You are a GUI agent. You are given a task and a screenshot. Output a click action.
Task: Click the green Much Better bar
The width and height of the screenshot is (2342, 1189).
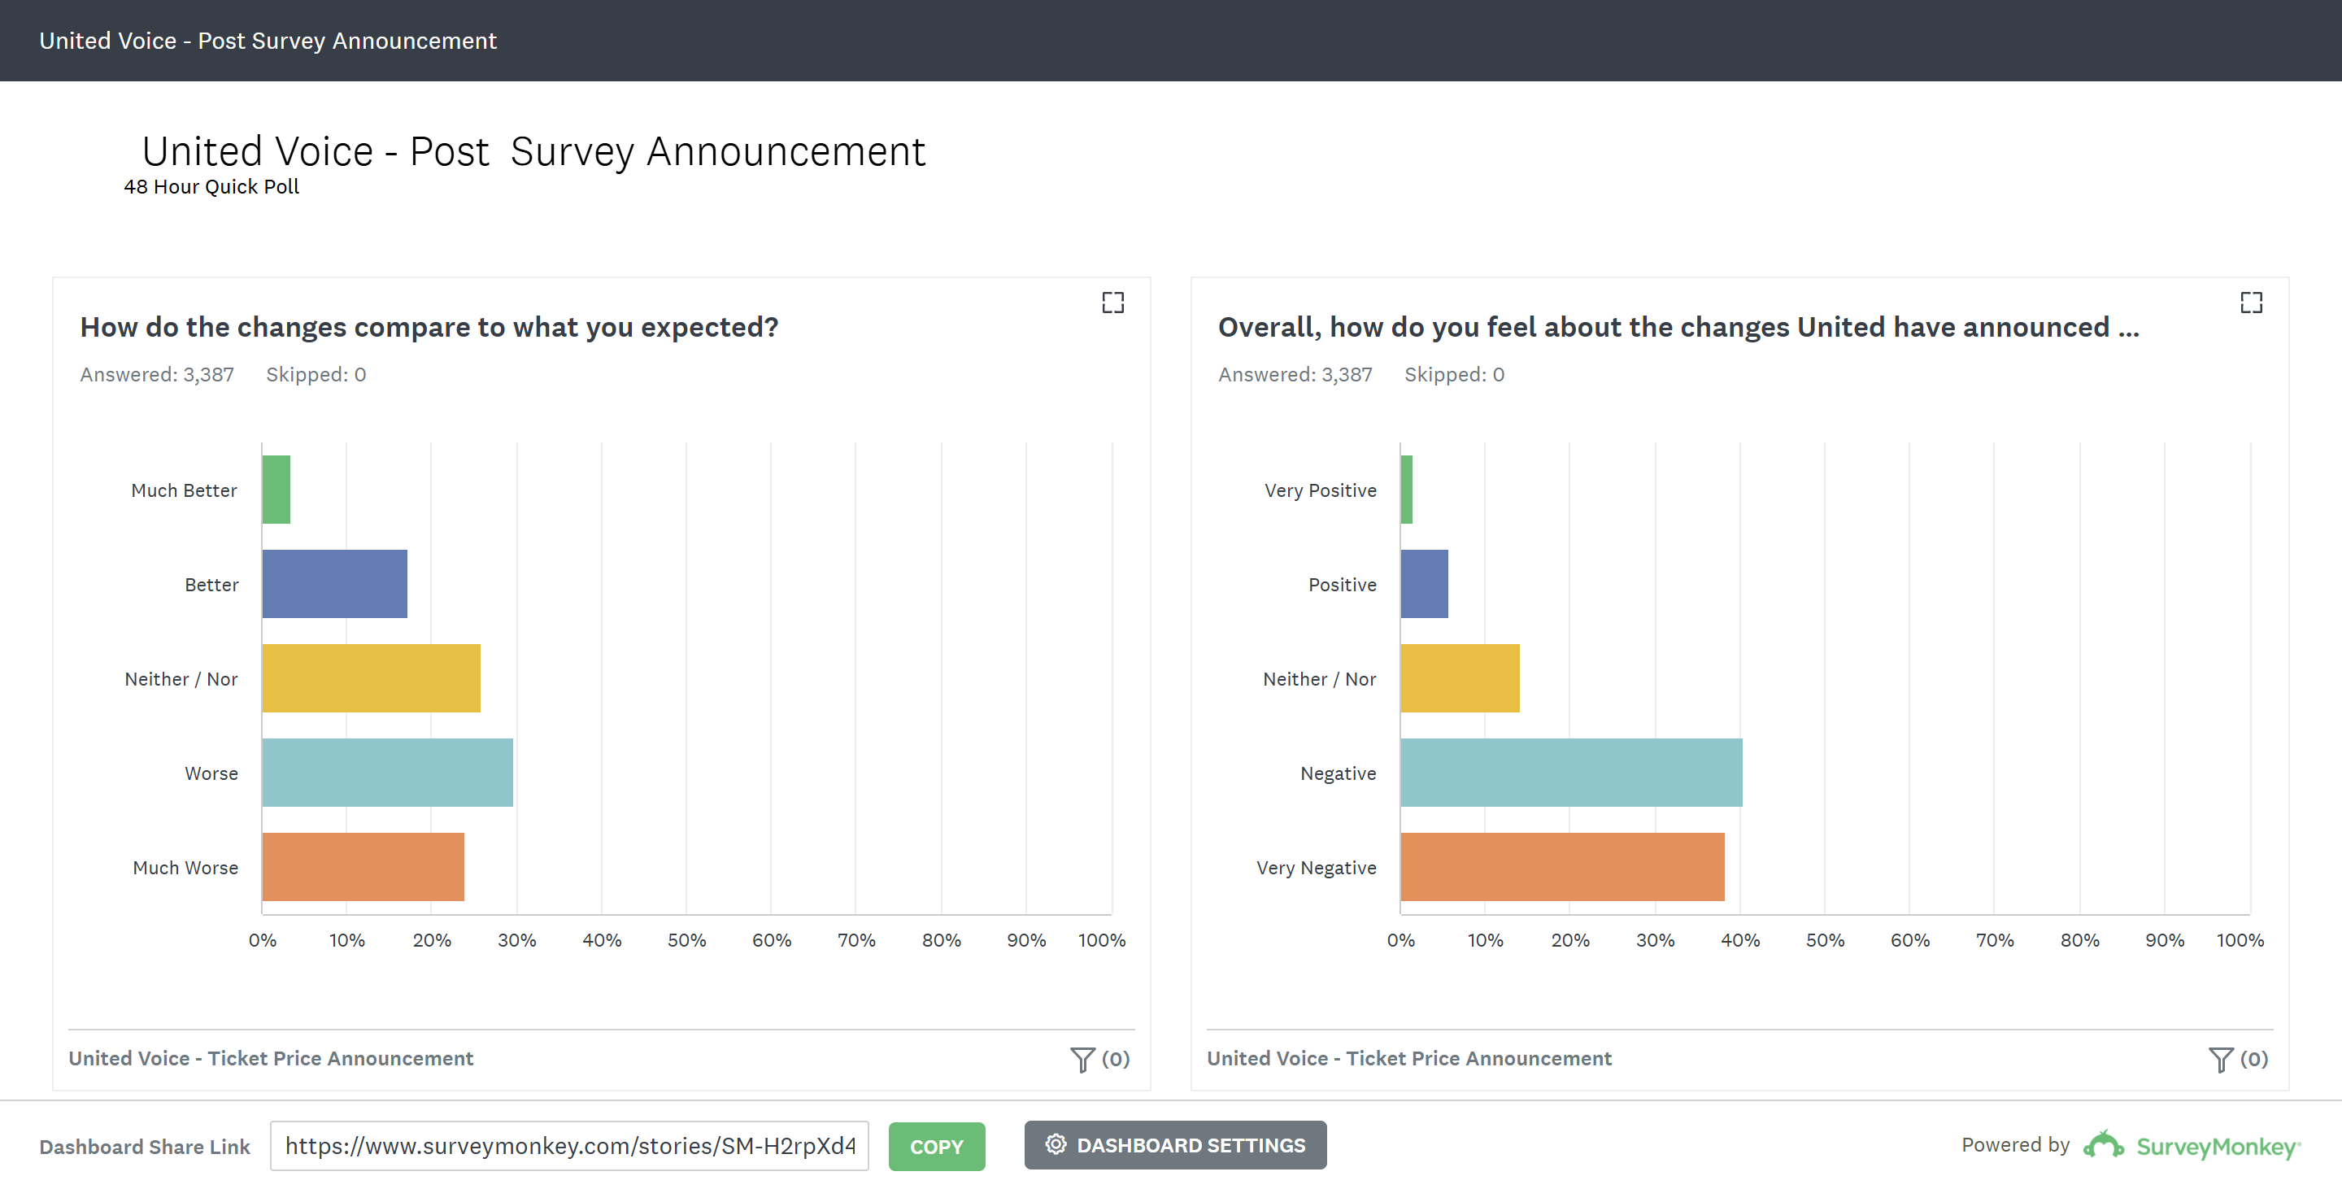pos(276,489)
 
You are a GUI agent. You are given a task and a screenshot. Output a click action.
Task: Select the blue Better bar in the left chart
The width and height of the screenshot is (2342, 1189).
pos(334,584)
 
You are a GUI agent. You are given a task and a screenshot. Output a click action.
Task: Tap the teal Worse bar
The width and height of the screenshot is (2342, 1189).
pos(387,773)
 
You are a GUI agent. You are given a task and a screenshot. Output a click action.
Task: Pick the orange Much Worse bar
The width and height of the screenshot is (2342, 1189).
pos(363,866)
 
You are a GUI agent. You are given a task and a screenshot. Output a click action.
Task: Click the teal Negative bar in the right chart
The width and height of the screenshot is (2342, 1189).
pos(1571,773)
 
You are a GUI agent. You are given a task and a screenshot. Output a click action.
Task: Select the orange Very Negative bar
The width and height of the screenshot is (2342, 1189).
pos(1562,866)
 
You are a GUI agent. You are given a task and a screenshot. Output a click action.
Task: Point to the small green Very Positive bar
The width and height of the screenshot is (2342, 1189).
pos(1407,489)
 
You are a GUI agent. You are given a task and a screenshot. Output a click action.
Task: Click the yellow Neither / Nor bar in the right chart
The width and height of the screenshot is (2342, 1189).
pos(1460,678)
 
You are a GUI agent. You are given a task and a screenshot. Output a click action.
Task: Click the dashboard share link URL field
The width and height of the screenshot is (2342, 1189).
pos(569,1145)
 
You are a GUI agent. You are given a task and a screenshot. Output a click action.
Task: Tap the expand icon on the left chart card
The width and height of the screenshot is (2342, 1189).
pos(1112,303)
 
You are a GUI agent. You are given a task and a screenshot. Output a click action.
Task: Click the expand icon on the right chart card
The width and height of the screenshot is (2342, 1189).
pos(2251,303)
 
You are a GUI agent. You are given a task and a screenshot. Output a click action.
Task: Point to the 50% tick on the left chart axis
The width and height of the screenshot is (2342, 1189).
pos(686,940)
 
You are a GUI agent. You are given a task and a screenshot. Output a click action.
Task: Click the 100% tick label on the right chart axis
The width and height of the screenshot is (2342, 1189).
pos(2240,940)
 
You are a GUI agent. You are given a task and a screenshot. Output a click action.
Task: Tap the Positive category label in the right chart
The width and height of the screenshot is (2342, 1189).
pos(1342,585)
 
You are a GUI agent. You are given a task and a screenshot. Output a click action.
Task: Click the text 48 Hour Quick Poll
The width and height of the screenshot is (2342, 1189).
pos(211,186)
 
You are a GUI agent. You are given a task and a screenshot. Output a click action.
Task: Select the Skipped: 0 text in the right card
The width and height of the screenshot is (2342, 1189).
pos(1454,375)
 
